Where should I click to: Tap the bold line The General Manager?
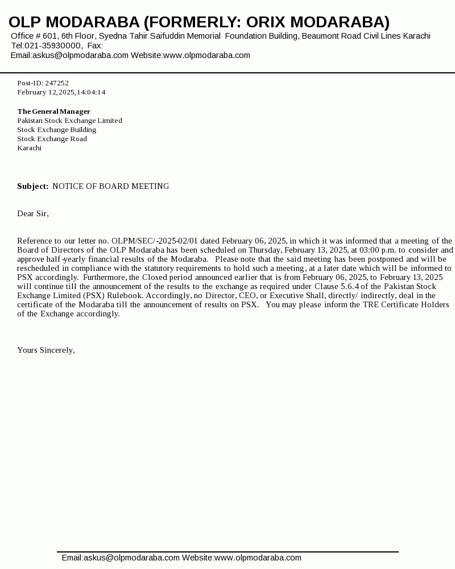click(x=53, y=112)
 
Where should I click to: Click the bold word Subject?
click(x=32, y=186)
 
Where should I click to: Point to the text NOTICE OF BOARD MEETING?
click(x=110, y=186)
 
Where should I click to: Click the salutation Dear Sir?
click(x=33, y=213)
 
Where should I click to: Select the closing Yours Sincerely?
click(x=46, y=350)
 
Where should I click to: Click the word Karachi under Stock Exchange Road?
click(x=29, y=148)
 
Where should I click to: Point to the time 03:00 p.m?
click(x=378, y=250)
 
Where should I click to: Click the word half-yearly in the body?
click(x=64, y=259)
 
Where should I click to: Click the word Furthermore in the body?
click(x=104, y=277)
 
